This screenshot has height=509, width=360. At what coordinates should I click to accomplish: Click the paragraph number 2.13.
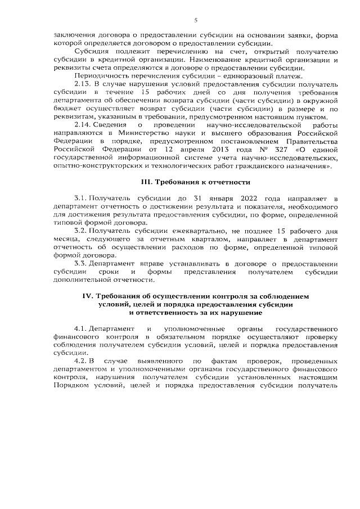point(83,83)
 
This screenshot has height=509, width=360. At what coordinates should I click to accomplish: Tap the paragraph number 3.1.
point(81,199)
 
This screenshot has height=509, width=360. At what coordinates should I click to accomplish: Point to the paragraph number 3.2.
point(81,231)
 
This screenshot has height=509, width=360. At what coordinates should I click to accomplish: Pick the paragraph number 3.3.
point(81,263)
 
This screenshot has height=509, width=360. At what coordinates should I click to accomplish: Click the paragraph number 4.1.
point(81,328)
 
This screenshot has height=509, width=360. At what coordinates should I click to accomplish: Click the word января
point(201,199)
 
